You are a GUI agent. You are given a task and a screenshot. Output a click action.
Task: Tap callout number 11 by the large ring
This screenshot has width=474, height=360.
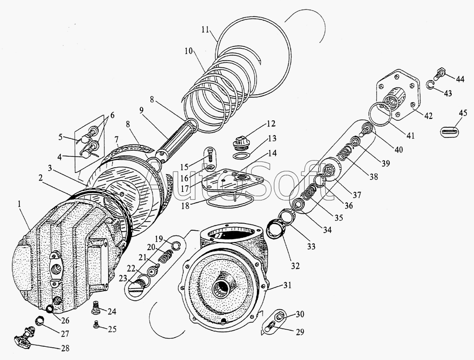(x=205, y=29)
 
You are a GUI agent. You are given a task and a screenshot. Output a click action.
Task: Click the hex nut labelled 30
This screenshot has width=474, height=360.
(x=278, y=315)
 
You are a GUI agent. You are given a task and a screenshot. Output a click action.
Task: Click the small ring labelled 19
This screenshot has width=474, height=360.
(x=175, y=245)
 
